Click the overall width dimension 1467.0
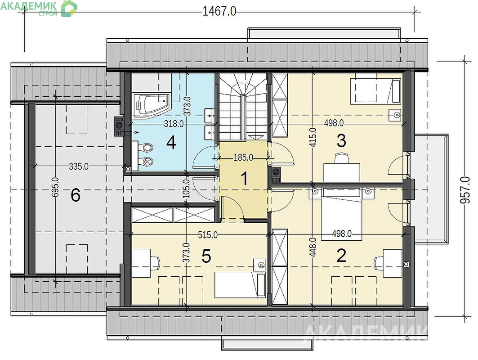click(x=219, y=12)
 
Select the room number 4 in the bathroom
click(x=171, y=143)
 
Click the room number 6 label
click(x=75, y=195)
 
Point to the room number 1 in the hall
click(x=244, y=179)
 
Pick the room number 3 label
click(x=341, y=141)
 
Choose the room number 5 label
click(x=206, y=256)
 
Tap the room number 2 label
click(x=341, y=256)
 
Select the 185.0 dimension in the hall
click(x=243, y=158)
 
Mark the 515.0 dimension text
click(x=208, y=235)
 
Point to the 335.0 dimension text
click(x=79, y=166)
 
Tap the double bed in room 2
click(x=342, y=214)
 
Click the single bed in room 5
click(x=240, y=285)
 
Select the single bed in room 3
click(x=375, y=91)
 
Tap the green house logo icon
click(x=69, y=8)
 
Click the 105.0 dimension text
click(x=187, y=188)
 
